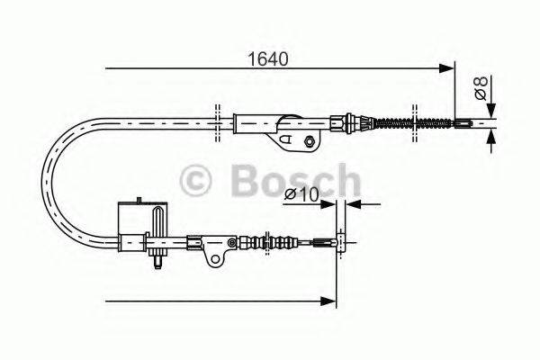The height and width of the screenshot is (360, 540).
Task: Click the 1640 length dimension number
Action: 269,61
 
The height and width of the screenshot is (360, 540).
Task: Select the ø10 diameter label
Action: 301,194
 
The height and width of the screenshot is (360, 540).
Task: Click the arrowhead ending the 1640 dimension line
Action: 447,67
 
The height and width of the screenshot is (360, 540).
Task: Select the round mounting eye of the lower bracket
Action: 215,259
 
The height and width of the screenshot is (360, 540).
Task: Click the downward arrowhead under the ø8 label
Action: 491,138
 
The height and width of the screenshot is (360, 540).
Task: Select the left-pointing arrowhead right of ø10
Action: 350,204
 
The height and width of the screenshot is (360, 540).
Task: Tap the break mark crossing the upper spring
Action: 414,121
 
